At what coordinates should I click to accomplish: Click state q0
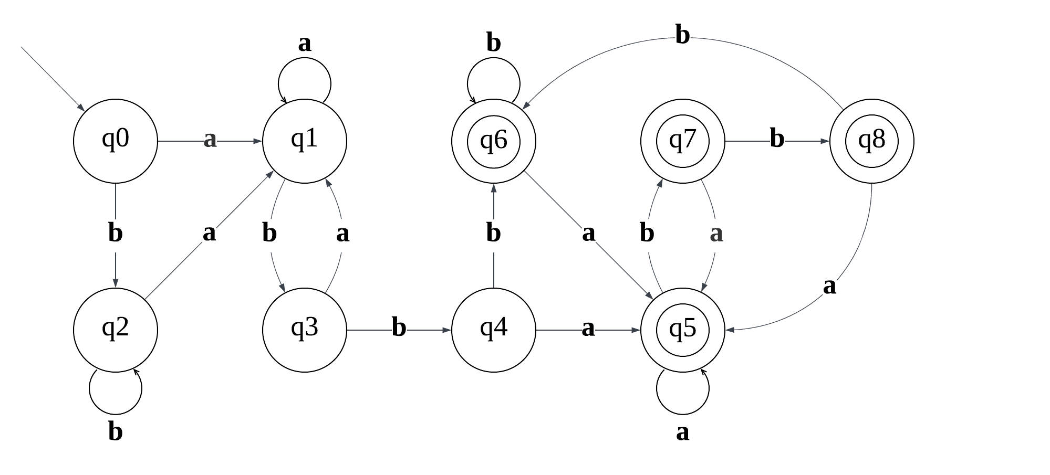pyautogui.click(x=115, y=141)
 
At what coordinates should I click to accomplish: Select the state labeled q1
pyautogui.click(x=304, y=141)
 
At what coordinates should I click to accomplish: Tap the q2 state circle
pyautogui.click(x=115, y=330)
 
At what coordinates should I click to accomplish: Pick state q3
pyautogui.click(x=304, y=330)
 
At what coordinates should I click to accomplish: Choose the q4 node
pyautogui.click(x=493, y=330)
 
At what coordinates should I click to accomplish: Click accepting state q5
pyautogui.click(x=682, y=330)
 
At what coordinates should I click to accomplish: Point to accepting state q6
pyautogui.click(x=493, y=141)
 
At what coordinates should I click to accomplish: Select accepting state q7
pyautogui.click(x=682, y=141)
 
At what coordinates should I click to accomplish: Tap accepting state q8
pyautogui.click(x=871, y=141)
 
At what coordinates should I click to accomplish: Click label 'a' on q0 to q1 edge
pyautogui.click(x=210, y=140)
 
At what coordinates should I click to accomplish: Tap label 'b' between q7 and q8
pyautogui.click(x=777, y=139)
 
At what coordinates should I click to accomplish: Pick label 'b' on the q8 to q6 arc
pyautogui.click(x=682, y=36)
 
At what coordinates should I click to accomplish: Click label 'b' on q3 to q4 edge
pyautogui.click(x=399, y=328)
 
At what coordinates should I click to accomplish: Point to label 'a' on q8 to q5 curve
pyautogui.click(x=829, y=287)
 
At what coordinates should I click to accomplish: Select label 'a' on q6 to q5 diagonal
pyautogui.click(x=588, y=233)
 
